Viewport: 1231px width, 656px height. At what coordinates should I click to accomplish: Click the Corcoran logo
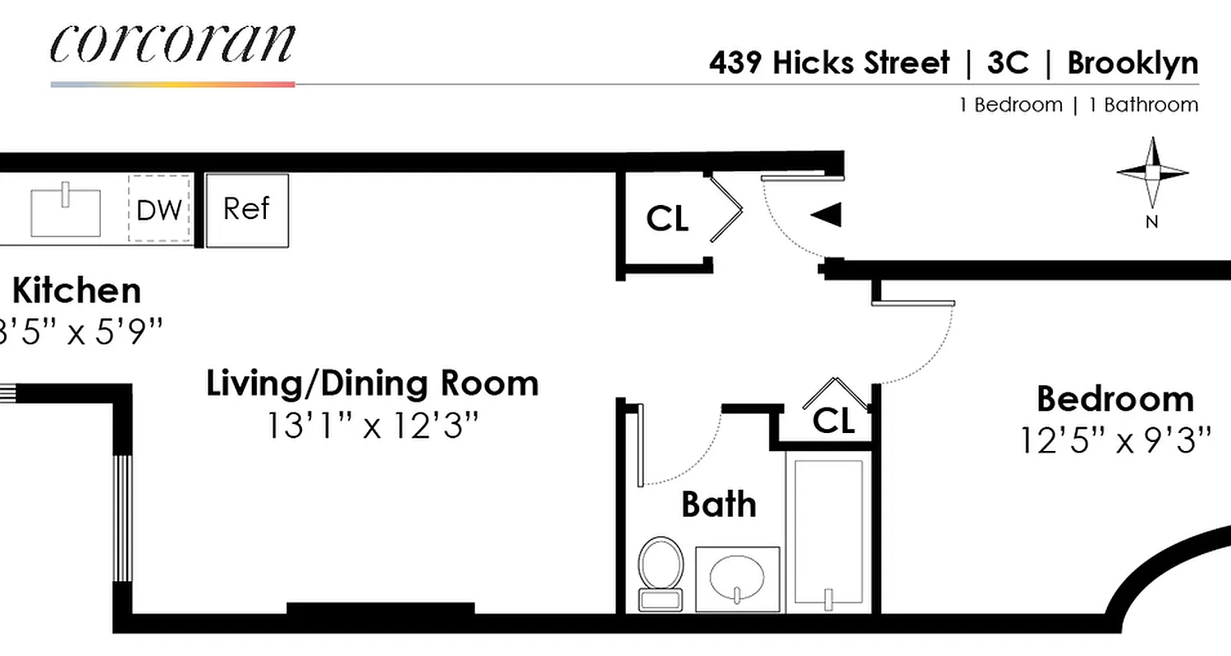click(x=172, y=44)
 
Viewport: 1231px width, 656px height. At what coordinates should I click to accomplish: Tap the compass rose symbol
click(x=1152, y=173)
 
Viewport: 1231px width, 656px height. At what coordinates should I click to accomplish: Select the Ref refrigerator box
click(x=246, y=210)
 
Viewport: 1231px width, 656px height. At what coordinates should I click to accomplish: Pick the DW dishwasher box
click(x=159, y=210)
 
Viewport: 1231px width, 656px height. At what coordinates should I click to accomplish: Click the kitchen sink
click(x=66, y=212)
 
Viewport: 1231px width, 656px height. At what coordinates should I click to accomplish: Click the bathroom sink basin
click(x=737, y=579)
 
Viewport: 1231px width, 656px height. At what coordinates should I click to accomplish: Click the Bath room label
click(x=719, y=504)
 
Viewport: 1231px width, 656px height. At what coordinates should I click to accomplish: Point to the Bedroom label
click(x=1114, y=399)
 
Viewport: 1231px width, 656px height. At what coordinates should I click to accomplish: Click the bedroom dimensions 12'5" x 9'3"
click(x=1115, y=440)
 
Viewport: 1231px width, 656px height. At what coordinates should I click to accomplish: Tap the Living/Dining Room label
click(x=372, y=384)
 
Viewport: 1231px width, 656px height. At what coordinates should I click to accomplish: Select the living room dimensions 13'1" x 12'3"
click(x=372, y=425)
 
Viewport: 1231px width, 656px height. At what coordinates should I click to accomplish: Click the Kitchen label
click(x=76, y=291)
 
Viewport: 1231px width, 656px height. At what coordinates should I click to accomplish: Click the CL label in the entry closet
click(x=667, y=219)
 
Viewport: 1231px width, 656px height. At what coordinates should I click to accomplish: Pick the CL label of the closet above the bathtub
click(x=833, y=421)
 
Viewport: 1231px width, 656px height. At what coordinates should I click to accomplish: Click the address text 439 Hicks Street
click(x=829, y=63)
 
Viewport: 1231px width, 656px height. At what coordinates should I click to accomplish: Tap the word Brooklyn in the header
click(x=1133, y=63)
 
